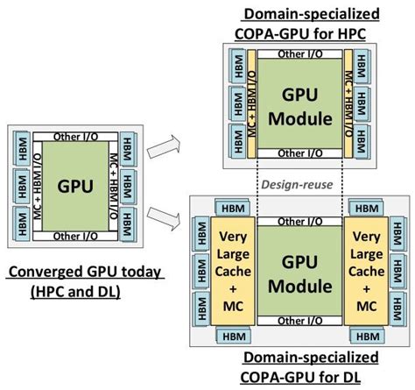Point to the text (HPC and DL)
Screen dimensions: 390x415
[x=75, y=290]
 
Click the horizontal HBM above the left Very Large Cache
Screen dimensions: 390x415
[x=232, y=209]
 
